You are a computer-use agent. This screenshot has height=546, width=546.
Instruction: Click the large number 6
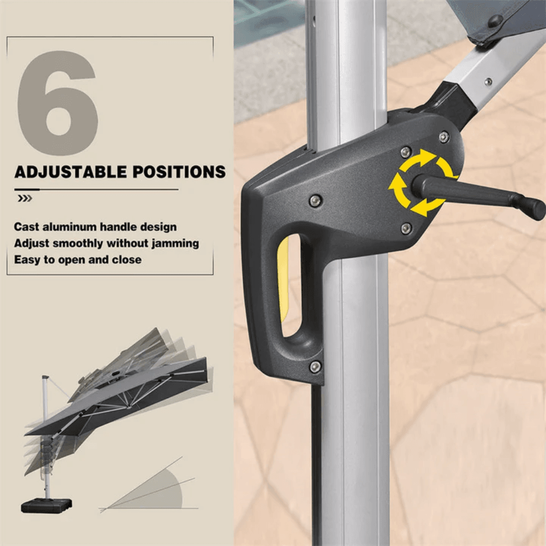click(x=57, y=103)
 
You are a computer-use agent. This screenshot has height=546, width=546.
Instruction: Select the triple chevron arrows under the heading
click(x=25, y=199)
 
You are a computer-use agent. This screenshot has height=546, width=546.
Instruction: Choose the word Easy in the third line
click(x=27, y=260)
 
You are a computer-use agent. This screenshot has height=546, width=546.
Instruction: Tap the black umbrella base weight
click(x=46, y=505)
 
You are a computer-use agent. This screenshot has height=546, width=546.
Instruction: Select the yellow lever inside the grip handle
click(x=283, y=277)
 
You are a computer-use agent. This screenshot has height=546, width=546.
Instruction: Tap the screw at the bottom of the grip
click(x=316, y=366)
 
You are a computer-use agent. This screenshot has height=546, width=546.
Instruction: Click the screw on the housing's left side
click(x=316, y=200)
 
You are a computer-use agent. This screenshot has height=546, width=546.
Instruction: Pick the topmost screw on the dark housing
click(x=443, y=137)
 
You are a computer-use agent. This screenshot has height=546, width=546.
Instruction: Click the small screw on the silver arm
click(x=489, y=81)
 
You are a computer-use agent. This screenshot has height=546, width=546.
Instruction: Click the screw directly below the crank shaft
click(x=406, y=228)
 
